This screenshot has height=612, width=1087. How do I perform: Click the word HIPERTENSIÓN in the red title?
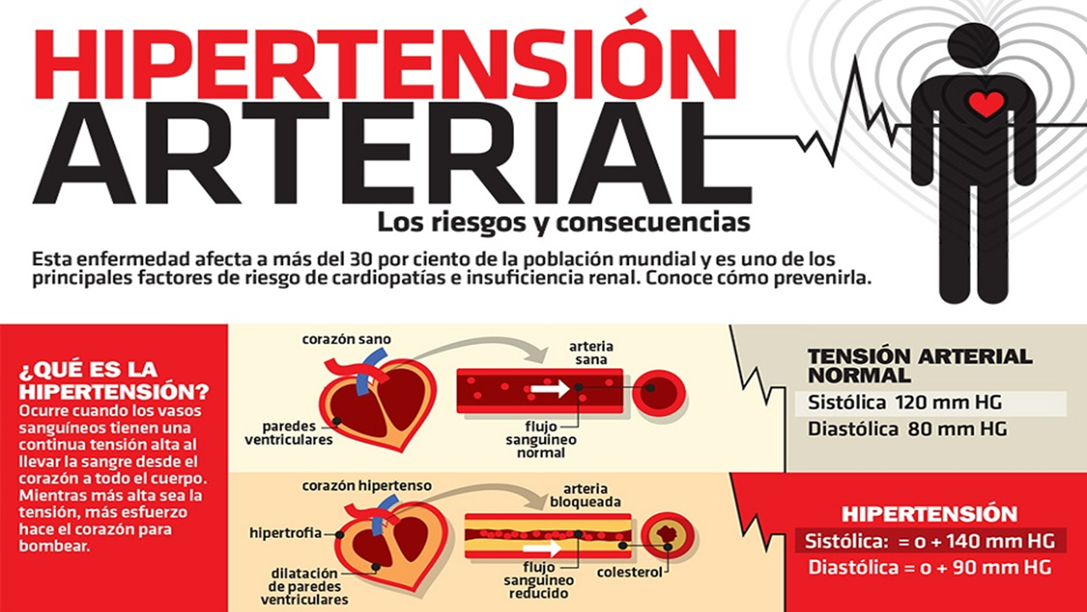tap(384, 64)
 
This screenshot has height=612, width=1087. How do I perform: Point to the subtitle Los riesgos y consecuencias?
tap(563, 223)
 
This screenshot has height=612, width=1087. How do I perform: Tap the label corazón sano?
tap(347, 339)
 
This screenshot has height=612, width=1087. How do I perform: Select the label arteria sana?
tap(592, 354)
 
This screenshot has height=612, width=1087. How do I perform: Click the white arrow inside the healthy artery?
tap(551, 390)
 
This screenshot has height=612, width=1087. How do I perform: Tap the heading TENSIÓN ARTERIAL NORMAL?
tap(920, 365)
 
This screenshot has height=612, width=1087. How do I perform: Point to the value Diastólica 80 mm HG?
tap(907, 429)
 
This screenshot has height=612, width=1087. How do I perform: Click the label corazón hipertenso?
tap(366, 486)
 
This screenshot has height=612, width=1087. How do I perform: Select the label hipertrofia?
tap(286, 533)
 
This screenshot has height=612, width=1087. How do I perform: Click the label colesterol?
tap(630, 572)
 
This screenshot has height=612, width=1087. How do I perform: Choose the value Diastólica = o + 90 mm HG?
tap(928, 567)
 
